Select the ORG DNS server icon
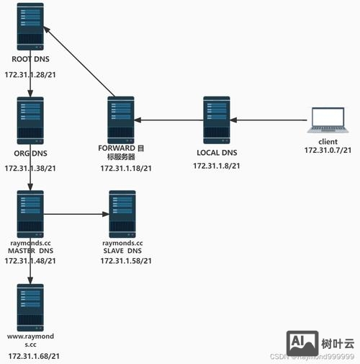[30, 118]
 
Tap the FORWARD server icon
[121, 118]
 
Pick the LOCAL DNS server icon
[216, 118]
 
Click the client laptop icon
[327, 120]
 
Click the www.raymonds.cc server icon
[30, 306]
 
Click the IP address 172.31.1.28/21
[30, 75]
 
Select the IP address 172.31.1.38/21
[30, 168]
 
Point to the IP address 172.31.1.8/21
[216, 166]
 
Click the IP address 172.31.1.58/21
[123, 260]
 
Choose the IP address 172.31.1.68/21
[34, 356]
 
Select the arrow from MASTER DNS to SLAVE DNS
[76, 213]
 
